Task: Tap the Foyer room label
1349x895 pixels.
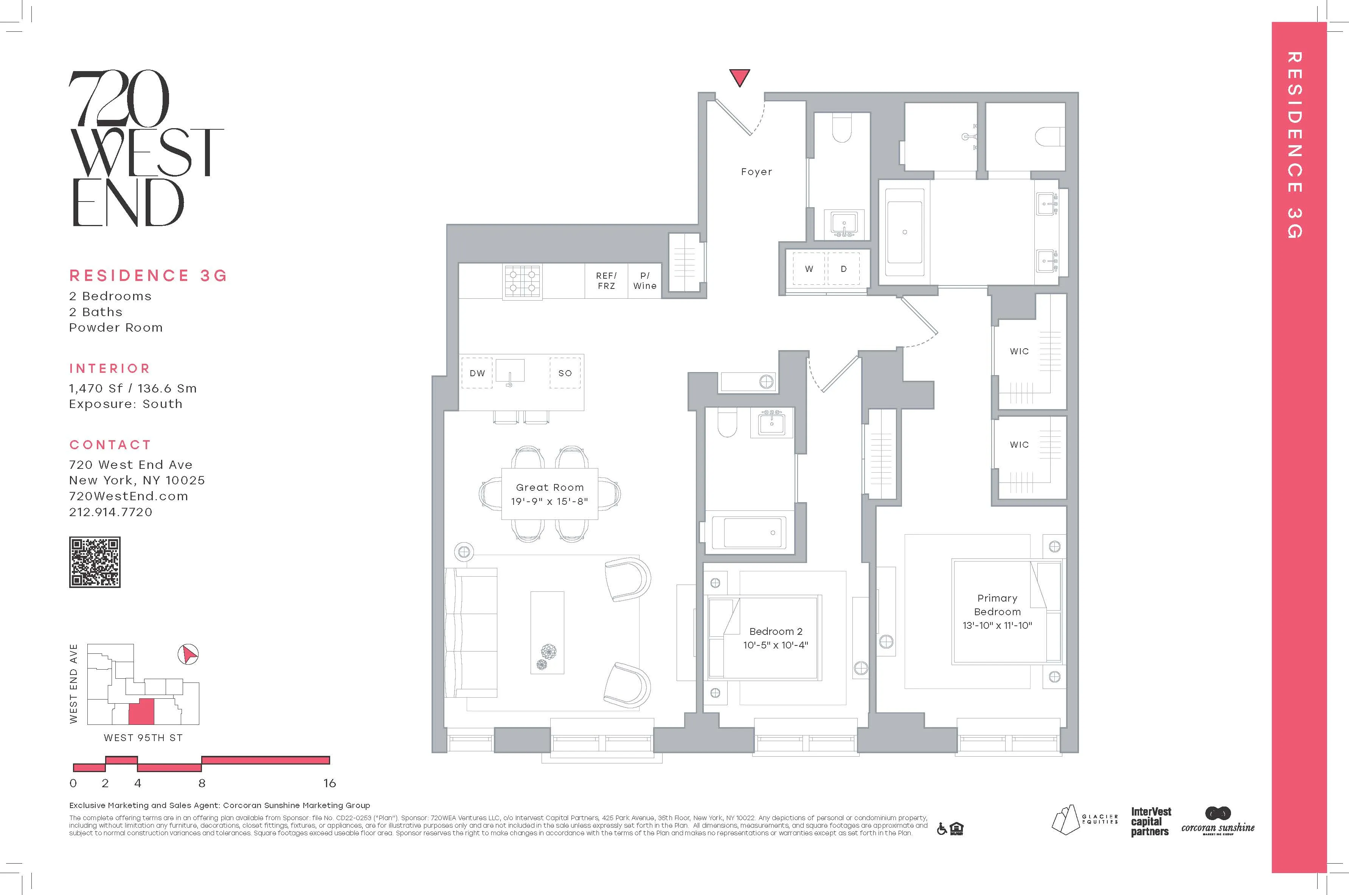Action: (756, 172)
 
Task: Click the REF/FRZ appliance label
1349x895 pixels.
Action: (606, 281)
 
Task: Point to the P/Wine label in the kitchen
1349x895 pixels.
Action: (644, 281)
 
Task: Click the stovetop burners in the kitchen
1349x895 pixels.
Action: (522, 281)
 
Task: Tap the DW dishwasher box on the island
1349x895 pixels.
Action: (477, 373)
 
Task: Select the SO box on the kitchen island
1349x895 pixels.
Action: (565, 373)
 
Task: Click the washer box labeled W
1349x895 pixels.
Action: (809, 269)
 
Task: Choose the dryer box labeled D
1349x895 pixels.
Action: (843, 269)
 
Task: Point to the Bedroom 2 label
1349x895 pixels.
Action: (775, 631)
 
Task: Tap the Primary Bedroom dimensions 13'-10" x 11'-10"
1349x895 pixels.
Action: (997, 625)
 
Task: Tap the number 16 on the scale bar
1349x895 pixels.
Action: (329, 783)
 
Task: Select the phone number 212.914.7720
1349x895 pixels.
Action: (111, 512)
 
